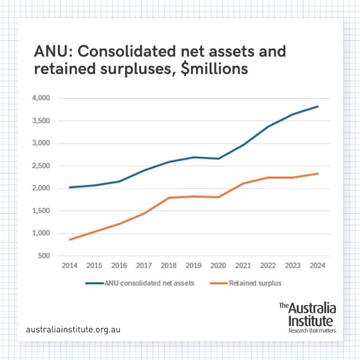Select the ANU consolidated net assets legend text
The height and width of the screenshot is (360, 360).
[x=149, y=283]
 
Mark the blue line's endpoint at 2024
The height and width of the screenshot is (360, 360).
[x=318, y=106]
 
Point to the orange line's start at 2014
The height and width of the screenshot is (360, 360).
[x=70, y=240]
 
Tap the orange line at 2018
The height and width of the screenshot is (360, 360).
[x=169, y=197]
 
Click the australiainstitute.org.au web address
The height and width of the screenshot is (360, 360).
[x=74, y=329]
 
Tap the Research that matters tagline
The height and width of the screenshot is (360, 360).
[x=312, y=331]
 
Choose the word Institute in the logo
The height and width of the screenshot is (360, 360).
[x=311, y=321]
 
